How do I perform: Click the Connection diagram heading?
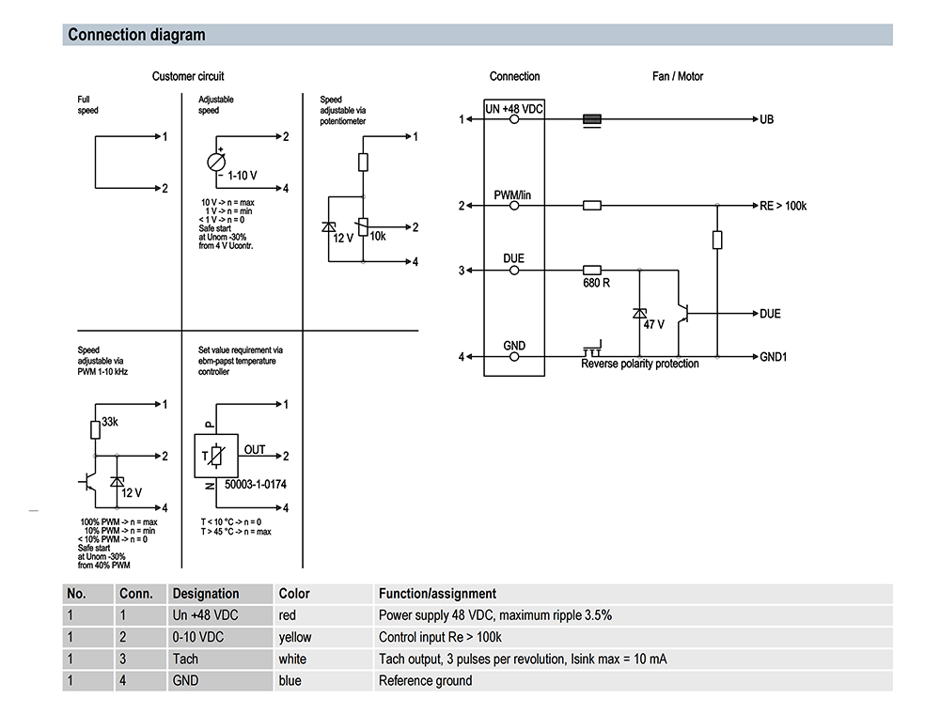tap(136, 36)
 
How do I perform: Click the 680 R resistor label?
tap(596, 282)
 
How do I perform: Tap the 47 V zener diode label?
tap(654, 324)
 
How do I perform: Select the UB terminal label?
tap(767, 120)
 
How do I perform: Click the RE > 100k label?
tap(783, 206)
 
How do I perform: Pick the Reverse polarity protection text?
tap(640, 365)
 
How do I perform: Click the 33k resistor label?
tap(110, 422)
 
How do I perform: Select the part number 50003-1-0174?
tap(257, 485)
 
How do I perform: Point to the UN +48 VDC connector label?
tap(514, 109)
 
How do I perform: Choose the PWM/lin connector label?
tap(514, 194)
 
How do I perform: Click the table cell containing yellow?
tap(295, 637)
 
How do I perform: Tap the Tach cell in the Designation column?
tap(185, 659)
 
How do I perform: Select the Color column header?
tap(294, 594)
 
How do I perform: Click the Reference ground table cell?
tap(425, 680)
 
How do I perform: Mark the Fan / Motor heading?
tap(678, 76)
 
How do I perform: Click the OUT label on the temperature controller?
tap(255, 449)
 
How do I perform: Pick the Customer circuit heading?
tap(188, 76)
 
